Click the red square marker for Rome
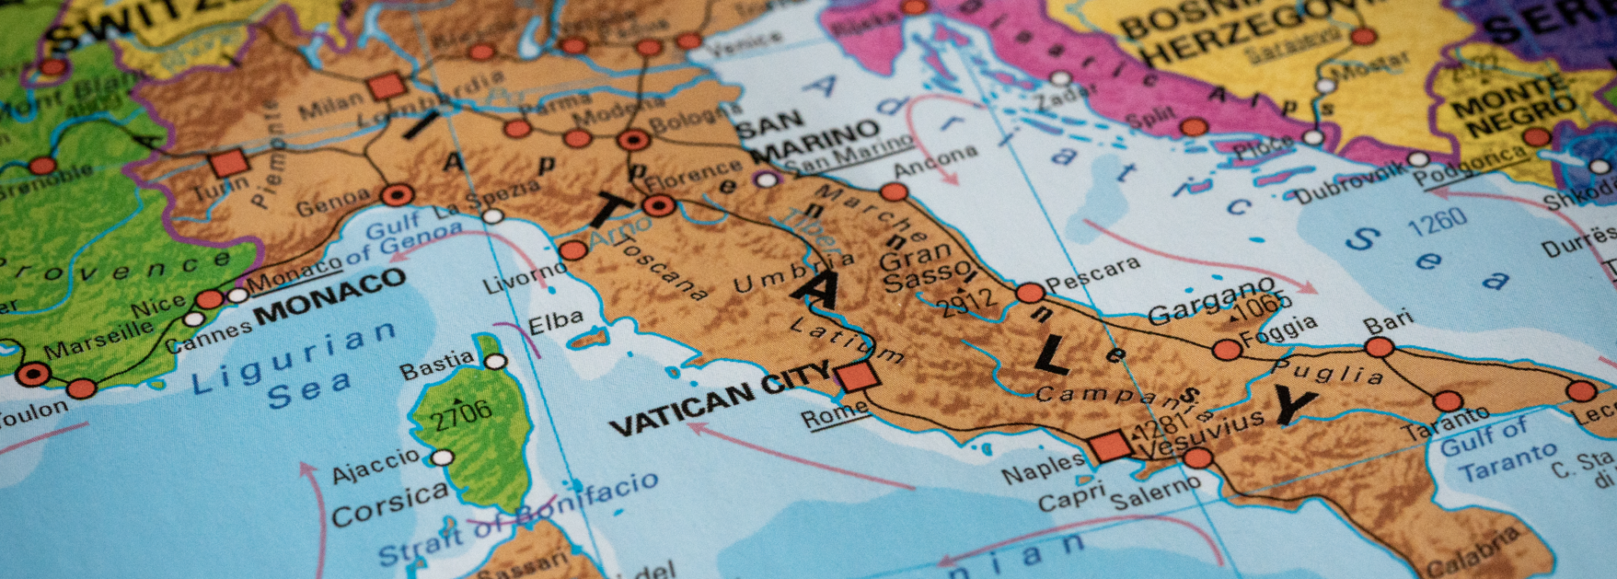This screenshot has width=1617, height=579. pos(856,376)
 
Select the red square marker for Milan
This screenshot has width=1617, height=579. pos(387,87)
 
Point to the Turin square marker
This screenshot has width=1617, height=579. pos(228,164)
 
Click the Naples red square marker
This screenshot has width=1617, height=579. pos(1109,446)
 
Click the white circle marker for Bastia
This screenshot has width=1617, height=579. pos(496,362)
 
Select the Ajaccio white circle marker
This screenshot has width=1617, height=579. pos(443,457)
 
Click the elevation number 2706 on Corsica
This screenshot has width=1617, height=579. pos(462,415)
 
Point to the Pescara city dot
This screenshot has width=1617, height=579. pos(1030,293)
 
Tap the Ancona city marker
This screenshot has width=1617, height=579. pos(893,191)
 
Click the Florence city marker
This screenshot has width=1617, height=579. pos(659,204)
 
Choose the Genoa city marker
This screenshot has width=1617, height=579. pos(398,194)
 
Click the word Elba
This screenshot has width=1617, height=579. pos(556,323)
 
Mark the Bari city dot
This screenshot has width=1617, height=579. pos(1379,347)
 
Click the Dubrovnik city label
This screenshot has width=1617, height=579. pos(1351,181)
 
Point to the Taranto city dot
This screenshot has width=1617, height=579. pos(1447,401)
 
